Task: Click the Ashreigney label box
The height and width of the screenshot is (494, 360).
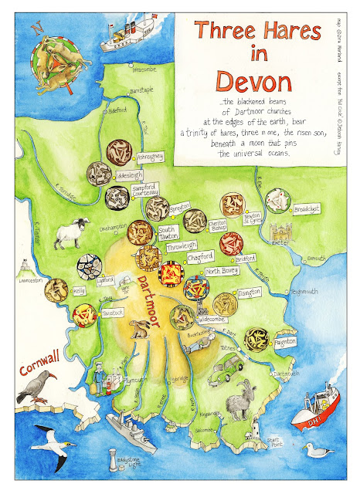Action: point(149,157)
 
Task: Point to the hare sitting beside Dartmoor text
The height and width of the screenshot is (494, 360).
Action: point(139,310)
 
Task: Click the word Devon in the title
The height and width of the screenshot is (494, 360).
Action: point(248,80)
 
